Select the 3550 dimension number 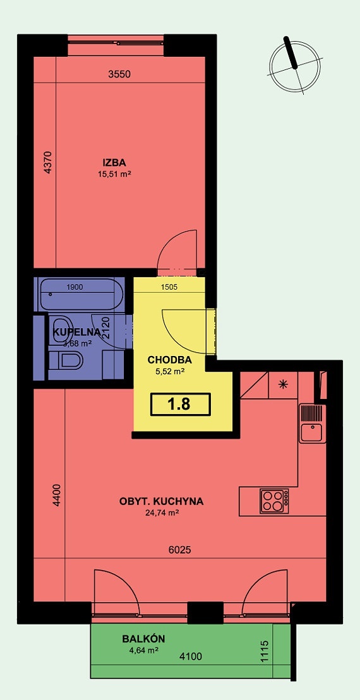pos(119,74)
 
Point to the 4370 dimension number pos(46,162)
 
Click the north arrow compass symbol pos(296,65)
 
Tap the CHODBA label pos(169,360)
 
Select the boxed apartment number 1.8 pos(179,403)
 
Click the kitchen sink pos(311,433)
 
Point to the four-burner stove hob pos(273,501)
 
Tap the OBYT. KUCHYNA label pos(161,502)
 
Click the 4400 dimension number pos(57,495)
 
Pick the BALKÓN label pos(139,639)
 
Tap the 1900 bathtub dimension pos(75,287)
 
